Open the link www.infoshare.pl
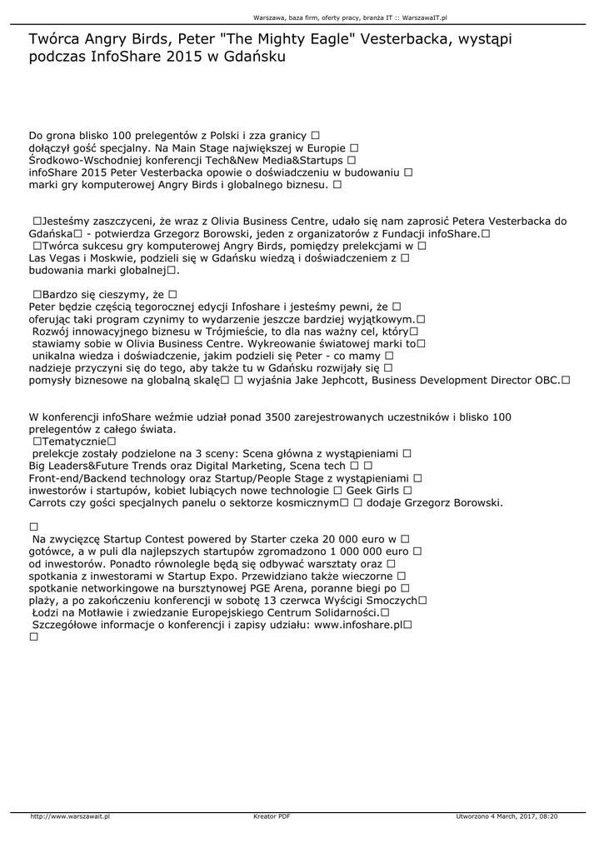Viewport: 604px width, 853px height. click(x=358, y=624)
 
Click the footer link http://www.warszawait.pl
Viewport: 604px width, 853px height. click(x=71, y=816)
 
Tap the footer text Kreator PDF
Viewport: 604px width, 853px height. click(x=272, y=816)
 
